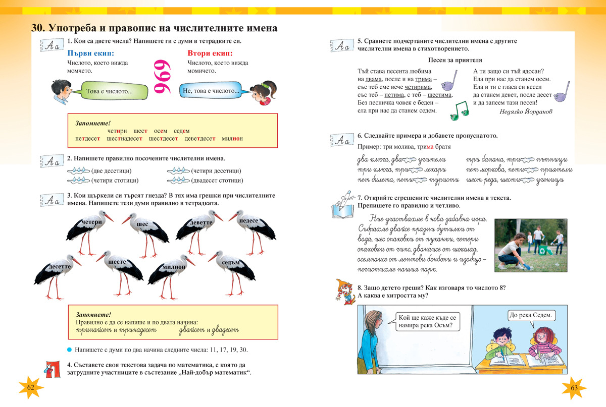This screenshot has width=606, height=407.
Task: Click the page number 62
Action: click(30, 387)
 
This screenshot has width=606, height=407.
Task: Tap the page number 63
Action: click(574, 387)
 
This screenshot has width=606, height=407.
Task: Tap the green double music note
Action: click(459, 111)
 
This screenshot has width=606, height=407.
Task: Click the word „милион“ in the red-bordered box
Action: click(232, 138)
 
